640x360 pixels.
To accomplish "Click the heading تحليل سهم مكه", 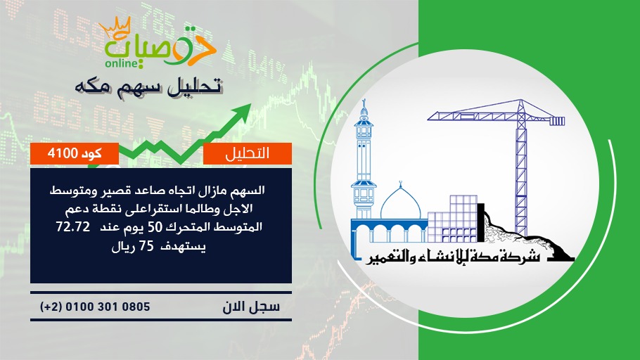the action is click(148, 87).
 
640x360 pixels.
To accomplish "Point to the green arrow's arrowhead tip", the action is click(251, 104).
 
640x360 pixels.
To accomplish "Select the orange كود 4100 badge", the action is click(75, 153).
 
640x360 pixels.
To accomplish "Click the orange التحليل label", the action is click(248, 153).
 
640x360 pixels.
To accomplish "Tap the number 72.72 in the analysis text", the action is click(73, 227).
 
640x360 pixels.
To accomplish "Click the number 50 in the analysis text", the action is click(155, 227).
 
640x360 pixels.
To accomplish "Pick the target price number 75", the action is click(146, 247).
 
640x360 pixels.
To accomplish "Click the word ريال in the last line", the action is click(123, 247).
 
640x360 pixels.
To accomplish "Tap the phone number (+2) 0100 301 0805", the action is click(95, 307).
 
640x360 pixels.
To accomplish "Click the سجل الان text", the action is click(251, 307).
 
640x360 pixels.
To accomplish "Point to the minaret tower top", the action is click(364, 108).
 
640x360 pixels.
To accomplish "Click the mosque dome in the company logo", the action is click(400, 205).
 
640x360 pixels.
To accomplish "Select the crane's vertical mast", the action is click(520, 172).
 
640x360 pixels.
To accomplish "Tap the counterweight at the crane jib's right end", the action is click(557, 120).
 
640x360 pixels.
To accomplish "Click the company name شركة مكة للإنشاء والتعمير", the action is click(452, 257).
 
